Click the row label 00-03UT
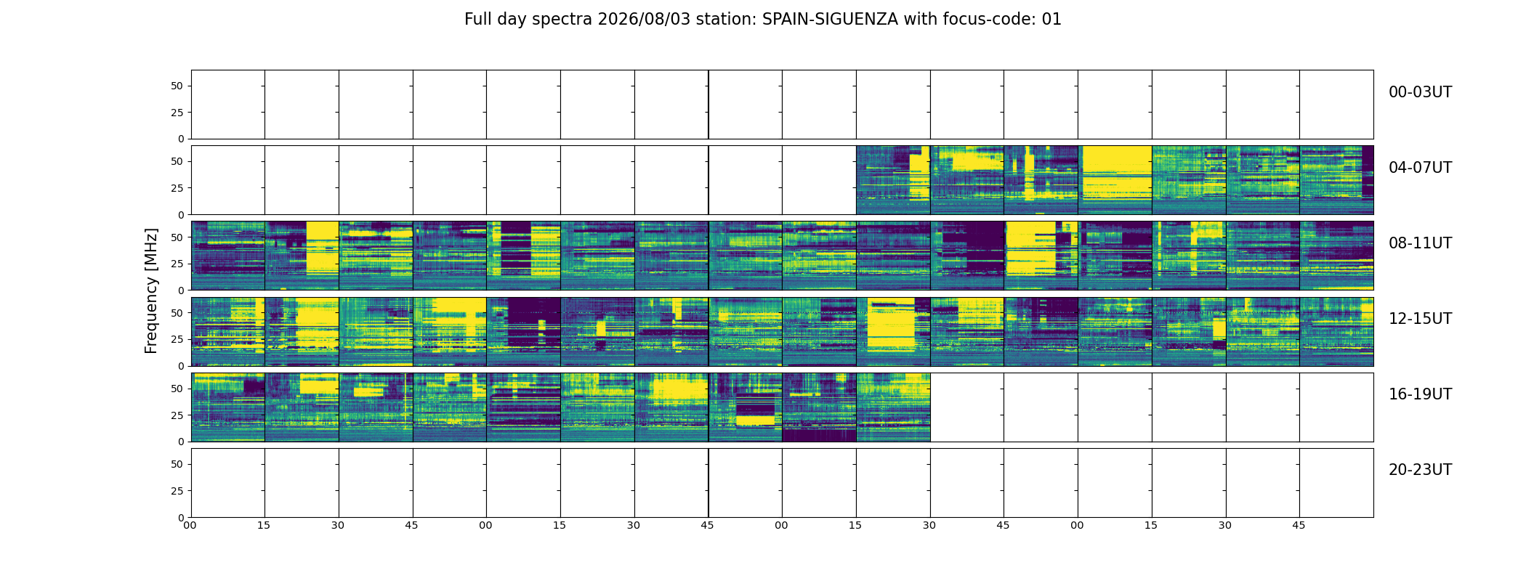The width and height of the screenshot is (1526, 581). [1420, 92]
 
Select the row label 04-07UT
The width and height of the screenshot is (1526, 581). [1420, 168]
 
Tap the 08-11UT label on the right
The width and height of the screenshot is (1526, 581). [1420, 243]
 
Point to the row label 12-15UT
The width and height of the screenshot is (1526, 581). [1420, 319]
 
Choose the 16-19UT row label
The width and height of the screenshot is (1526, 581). [1420, 394]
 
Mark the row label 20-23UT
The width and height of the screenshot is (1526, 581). [1420, 470]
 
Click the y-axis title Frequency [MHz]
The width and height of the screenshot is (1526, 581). [151, 290]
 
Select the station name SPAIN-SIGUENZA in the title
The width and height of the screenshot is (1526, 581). [830, 20]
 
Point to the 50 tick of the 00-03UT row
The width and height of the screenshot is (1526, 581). [177, 86]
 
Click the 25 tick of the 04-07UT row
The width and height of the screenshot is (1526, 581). [177, 188]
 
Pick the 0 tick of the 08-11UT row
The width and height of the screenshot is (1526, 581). [181, 290]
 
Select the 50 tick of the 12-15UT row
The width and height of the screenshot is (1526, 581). [177, 313]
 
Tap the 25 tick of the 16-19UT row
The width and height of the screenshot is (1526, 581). [177, 415]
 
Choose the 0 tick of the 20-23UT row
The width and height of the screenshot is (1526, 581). [181, 518]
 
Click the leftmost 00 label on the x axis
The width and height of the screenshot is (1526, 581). [190, 525]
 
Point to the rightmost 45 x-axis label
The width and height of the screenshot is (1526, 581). [1299, 525]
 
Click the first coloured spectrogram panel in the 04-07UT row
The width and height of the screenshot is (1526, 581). [893, 180]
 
